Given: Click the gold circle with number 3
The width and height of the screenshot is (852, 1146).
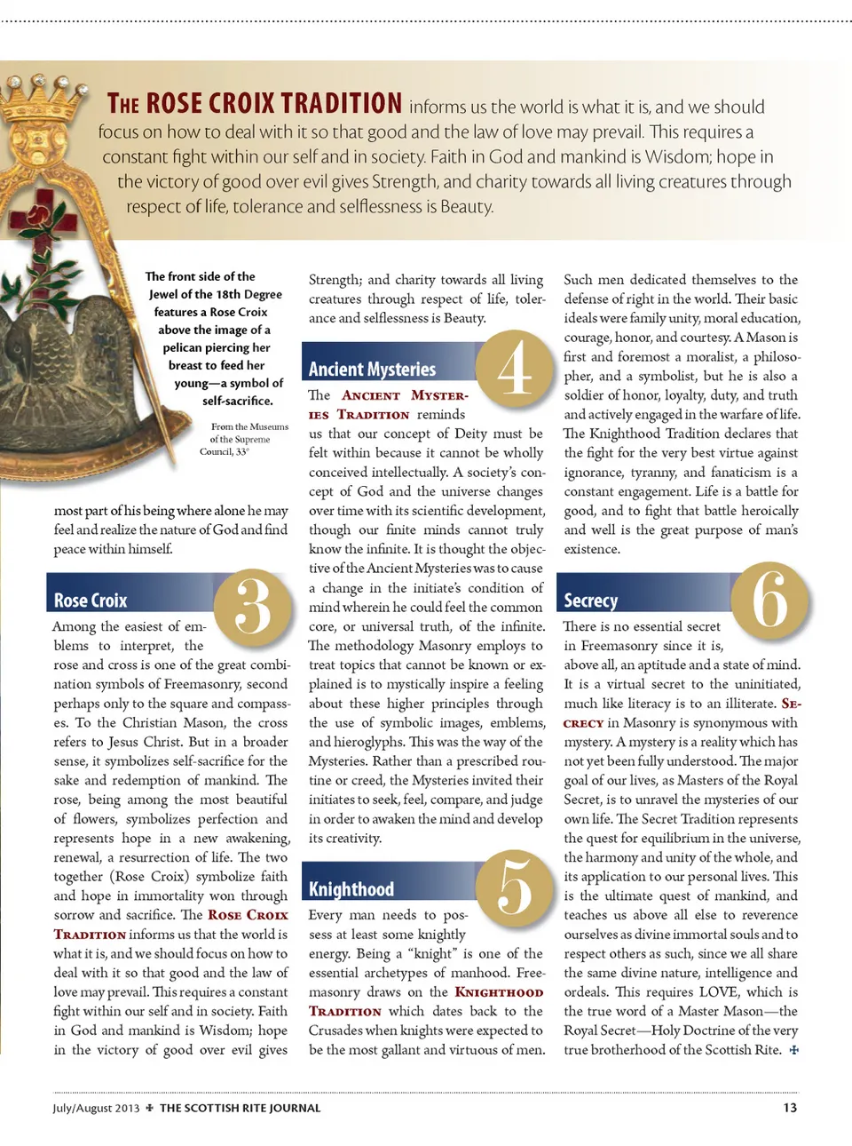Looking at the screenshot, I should point(253,608).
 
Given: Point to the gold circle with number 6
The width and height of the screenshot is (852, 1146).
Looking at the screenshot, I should point(770,601).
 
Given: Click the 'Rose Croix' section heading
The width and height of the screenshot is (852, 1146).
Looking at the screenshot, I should point(91,601).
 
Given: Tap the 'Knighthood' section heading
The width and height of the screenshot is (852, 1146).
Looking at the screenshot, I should point(351,889).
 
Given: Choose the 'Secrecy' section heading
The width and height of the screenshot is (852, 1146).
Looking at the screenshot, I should point(590,601).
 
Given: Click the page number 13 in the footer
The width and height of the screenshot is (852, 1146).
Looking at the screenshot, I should point(790,1108).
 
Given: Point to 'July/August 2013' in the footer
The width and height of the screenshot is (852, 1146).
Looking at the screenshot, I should point(96,1108).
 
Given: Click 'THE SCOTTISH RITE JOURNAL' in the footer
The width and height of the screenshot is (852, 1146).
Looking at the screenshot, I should point(240,1108).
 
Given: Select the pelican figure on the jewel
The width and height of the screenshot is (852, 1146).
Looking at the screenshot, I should point(62,355).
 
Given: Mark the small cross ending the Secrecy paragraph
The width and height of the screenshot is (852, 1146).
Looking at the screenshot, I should point(793,1050).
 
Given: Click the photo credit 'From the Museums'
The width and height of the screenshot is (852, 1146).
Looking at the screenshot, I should point(249,426).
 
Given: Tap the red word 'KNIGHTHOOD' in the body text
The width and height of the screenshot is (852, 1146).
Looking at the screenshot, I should point(499,992).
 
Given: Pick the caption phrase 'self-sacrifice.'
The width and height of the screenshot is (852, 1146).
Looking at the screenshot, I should point(237,401).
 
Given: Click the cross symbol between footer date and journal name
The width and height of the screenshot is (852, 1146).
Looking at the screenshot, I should point(150,1108).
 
